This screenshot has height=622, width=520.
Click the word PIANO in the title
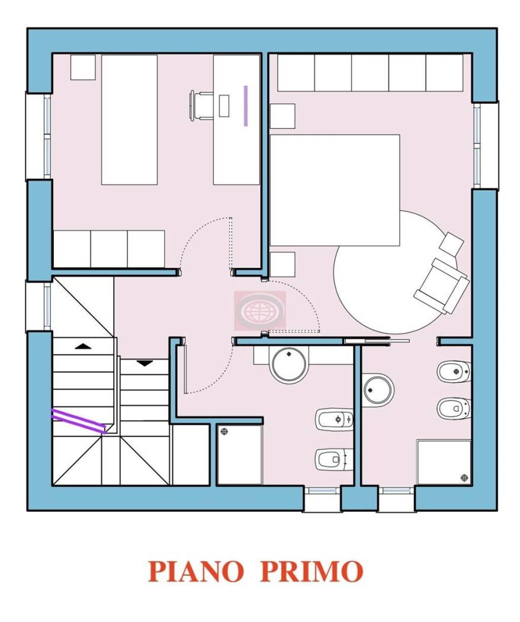tap(195, 571)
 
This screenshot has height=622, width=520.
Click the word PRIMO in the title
tap(312, 571)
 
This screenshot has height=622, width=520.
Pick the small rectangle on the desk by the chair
tap(224, 105)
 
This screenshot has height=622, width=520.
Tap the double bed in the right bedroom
tap(335, 190)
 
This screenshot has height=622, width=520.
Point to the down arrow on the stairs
tap(145, 363)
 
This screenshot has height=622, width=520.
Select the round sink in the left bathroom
tap(288, 364)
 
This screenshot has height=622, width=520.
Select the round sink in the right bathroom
tap(378, 390)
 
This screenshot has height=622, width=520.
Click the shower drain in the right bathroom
tap(462, 477)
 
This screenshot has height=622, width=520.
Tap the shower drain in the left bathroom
tap(224, 432)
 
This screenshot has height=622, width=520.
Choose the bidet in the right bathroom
tap(453, 372)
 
